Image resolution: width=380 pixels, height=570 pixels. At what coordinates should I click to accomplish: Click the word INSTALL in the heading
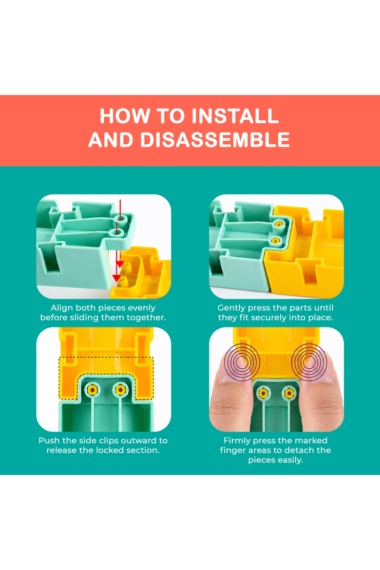pos(235,116)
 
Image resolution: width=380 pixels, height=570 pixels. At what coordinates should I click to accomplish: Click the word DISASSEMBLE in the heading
pos(215,140)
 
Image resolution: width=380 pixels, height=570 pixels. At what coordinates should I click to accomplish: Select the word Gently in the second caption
pos(230,308)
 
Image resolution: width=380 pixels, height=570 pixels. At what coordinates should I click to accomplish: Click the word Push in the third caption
pos(49,440)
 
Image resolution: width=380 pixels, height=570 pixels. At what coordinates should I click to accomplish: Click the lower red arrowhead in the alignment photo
pos(116,278)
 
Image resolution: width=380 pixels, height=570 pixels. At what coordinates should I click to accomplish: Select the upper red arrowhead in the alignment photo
pos(120,264)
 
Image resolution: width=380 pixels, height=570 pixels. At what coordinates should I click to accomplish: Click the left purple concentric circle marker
pos(242,362)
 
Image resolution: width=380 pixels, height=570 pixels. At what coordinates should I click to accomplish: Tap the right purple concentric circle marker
pos(309,362)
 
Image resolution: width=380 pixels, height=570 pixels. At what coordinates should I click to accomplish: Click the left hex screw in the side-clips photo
pos(93,390)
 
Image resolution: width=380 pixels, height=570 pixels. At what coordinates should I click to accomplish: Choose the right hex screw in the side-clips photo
pos(120,390)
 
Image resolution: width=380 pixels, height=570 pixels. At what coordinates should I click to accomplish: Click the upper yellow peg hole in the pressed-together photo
pos(278,224)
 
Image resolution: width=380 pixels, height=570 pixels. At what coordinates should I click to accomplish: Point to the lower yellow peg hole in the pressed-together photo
pos(276,240)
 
